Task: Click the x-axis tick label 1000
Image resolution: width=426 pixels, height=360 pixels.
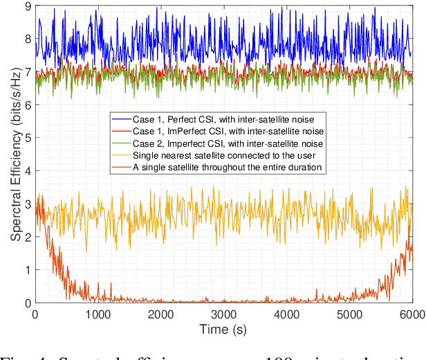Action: [98, 314]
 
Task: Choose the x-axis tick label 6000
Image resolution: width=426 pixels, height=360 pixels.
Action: [411, 314]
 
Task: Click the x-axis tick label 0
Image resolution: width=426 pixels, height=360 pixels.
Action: [35, 314]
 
